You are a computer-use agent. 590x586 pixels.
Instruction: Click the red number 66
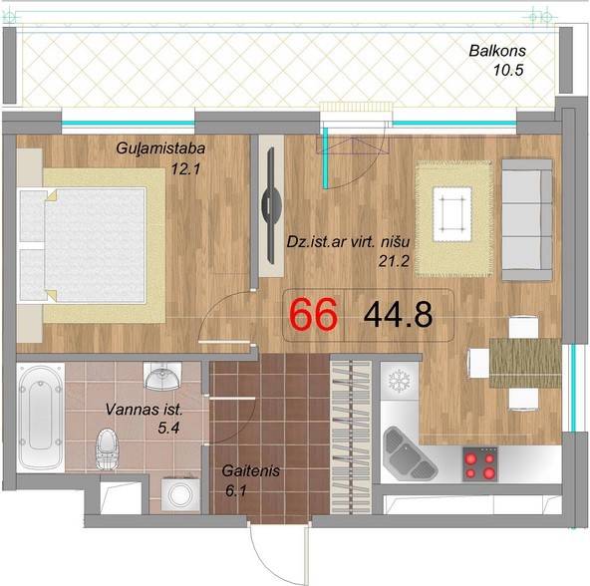tap(313, 315)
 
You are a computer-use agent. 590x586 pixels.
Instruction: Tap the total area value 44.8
tap(398, 315)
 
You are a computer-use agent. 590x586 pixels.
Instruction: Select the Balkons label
tap(497, 51)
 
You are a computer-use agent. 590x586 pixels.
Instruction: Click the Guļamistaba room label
tap(160, 148)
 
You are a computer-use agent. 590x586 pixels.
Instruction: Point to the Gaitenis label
tap(250, 470)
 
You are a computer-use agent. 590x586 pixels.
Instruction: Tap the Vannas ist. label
tap(145, 410)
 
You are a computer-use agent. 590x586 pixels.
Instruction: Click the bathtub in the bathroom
tap(41, 418)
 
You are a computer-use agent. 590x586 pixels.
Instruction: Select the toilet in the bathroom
tap(108, 449)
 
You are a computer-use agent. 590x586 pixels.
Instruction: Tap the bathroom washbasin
tap(162, 376)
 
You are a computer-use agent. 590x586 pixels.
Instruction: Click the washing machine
tap(180, 494)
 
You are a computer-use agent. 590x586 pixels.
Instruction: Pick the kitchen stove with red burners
tap(480, 464)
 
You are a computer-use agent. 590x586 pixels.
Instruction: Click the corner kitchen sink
tap(409, 452)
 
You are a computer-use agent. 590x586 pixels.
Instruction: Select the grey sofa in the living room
tap(527, 220)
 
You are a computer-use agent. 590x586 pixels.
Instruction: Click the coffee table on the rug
tap(452, 214)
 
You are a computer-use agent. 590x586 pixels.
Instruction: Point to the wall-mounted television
tap(271, 205)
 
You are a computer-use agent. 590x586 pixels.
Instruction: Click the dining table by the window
tap(525, 363)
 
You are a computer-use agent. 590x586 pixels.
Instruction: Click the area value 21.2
tap(394, 261)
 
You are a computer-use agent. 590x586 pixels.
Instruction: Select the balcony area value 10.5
tap(508, 70)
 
